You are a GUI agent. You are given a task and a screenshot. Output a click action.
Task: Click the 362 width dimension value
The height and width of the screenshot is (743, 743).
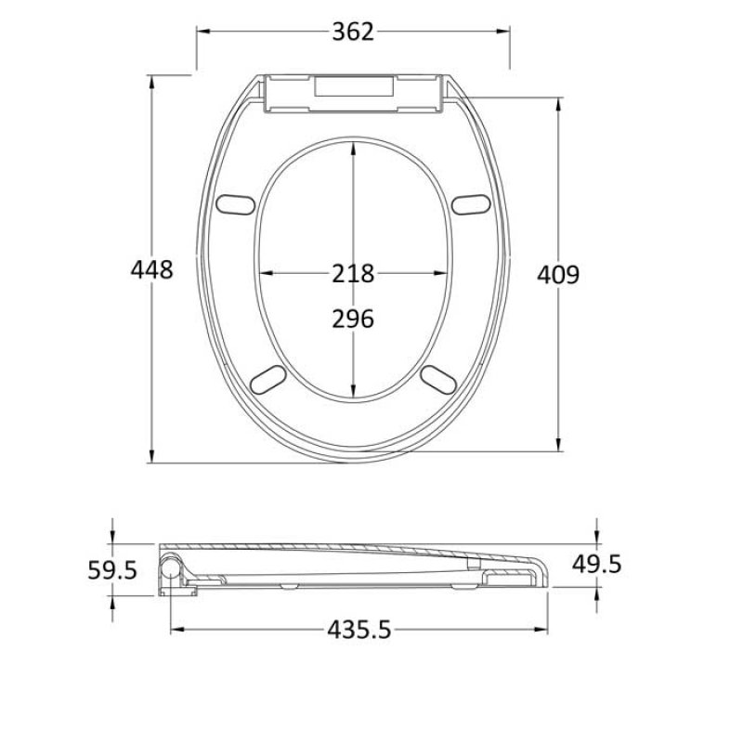(x=353, y=32)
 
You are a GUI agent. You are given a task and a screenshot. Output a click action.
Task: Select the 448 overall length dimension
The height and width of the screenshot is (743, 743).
(x=151, y=270)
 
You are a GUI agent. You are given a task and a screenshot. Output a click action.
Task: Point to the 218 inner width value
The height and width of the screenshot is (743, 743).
(x=353, y=274)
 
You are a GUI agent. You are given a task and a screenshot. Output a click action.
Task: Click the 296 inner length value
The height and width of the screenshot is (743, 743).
(x=353, y=319)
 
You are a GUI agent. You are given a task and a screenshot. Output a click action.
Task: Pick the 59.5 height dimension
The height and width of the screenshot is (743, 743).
(x=112, y=569)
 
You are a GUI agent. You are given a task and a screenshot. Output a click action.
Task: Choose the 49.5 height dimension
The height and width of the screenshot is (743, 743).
(x=597, y=564)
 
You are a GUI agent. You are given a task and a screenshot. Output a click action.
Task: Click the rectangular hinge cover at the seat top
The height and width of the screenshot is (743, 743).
(x=353, y=91)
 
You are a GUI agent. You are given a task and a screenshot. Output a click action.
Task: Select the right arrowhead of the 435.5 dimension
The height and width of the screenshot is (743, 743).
(x=544, y=630)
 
